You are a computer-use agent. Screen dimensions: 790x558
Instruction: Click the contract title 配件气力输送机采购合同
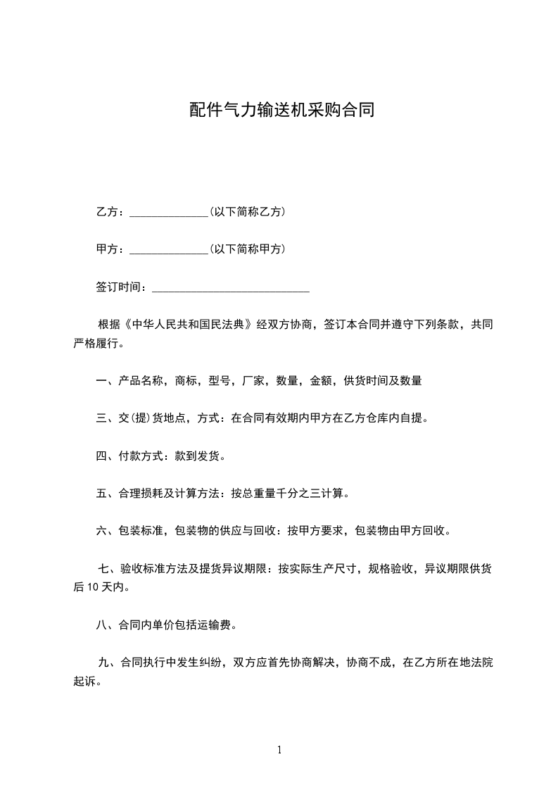coord(281,110)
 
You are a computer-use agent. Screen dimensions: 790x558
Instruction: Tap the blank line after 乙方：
coord(169,213)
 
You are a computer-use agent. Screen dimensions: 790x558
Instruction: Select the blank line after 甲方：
coord(169,250)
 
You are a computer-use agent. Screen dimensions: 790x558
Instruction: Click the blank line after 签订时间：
coord(231,288)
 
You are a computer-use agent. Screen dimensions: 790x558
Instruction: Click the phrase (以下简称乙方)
coord(247,212)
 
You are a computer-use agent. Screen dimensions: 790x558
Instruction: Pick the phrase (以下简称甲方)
coord(247,249)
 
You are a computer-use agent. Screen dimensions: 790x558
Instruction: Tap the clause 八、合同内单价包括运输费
coord(166,625)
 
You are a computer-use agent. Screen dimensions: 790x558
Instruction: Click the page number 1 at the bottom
coord(279,751)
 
